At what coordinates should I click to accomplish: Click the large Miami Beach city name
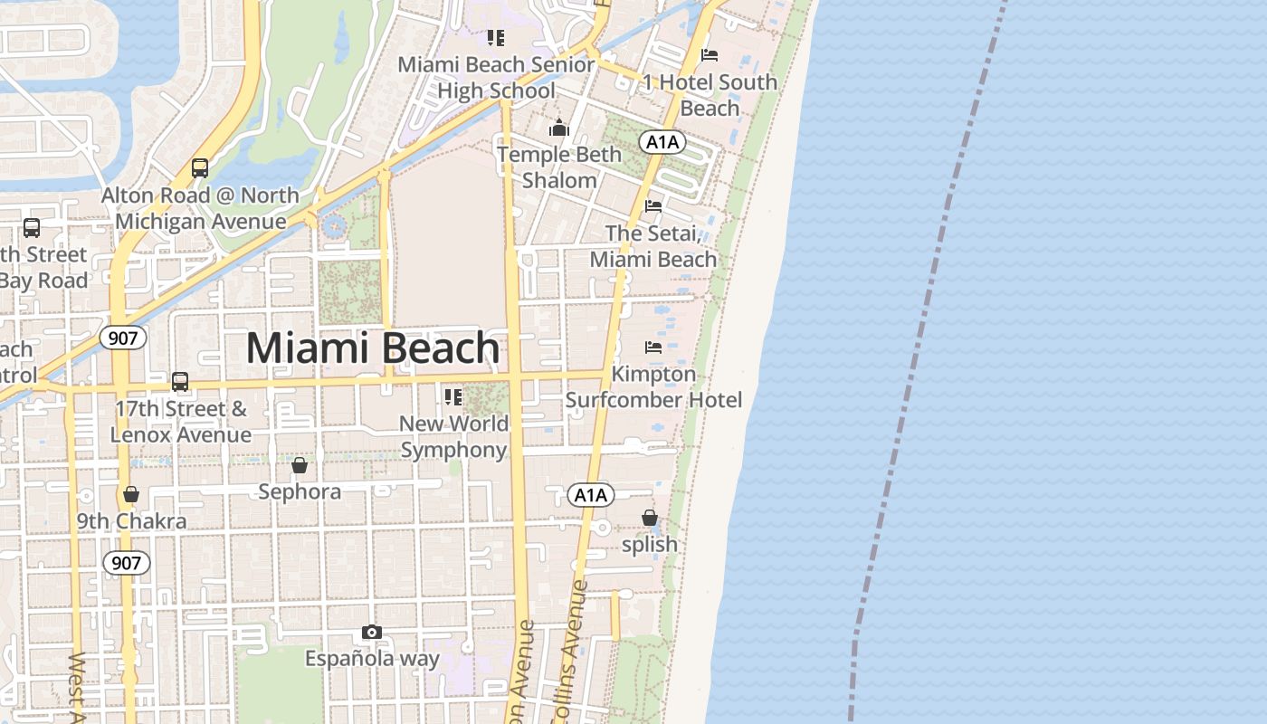pos(373,348)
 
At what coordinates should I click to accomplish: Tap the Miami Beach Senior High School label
pos(496,78)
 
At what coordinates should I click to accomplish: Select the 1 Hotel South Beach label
pos(710,95)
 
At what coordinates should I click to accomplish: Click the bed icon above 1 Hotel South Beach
pos(710,55)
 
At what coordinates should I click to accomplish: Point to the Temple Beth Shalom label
pos(559,167)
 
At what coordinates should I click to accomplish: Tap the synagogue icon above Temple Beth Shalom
pos(559,128)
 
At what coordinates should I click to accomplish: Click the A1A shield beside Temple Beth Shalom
pos(662,142)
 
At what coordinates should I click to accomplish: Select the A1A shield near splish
pos(591,495)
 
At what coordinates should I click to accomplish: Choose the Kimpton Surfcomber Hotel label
pos(653,386)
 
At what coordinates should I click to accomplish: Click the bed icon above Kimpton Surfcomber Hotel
pos(653,348)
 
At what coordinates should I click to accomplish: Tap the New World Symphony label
pos(454,436)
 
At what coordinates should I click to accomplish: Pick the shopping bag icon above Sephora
pos(300,466)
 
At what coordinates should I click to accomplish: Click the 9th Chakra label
pos(131,521)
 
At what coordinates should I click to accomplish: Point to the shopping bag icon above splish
pos(650,518)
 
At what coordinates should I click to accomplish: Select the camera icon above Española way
pos(372,633)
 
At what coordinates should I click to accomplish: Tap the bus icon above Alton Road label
pos(200,168)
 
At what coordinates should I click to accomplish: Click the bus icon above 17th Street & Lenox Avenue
pos(180,382)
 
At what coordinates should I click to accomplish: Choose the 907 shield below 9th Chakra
pos(126,563)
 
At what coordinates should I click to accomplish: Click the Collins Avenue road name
pos(570,652)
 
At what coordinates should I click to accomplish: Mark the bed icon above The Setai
pos(653,206)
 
